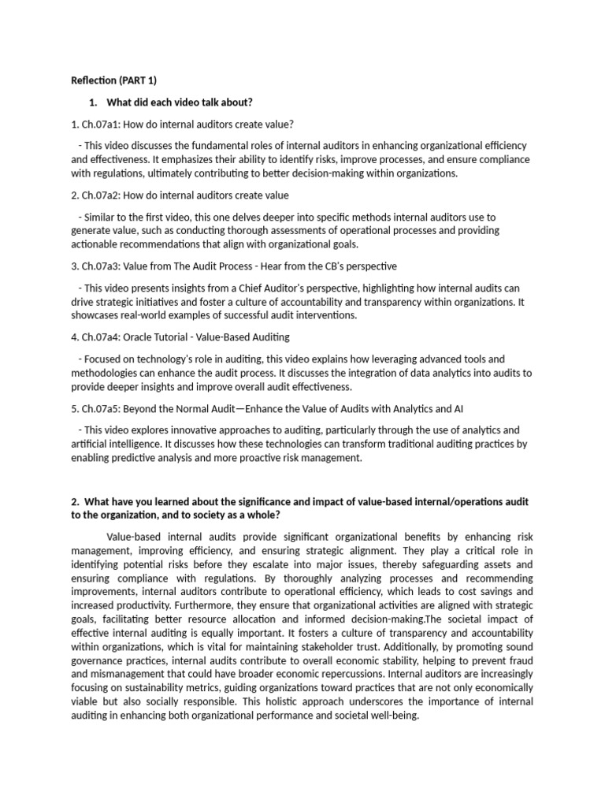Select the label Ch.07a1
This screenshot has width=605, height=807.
coord(97,125)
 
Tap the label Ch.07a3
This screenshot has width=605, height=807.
coord(98,266)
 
